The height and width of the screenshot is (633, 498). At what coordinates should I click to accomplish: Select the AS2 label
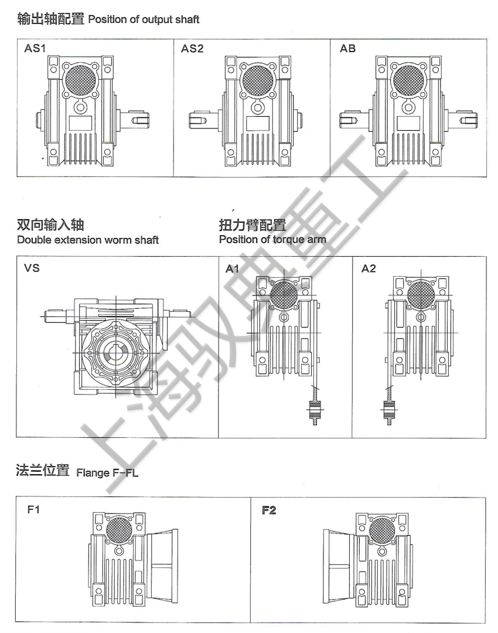[x=192, y=49]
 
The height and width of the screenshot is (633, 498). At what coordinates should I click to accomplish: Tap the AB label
[x=347, y=49]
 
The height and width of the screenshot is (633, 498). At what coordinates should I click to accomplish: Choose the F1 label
[x=34, y=511]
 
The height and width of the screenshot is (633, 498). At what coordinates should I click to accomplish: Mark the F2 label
[x=269, y=511]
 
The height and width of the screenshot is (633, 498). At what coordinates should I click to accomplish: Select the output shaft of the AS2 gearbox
[x=199, y=121]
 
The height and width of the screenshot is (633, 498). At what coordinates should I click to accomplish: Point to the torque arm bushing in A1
[x=315, y=409]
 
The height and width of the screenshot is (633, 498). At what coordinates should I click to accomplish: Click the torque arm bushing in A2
[x=388, y=409]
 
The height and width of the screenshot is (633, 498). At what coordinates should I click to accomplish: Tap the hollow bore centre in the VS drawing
[x=115, y=354]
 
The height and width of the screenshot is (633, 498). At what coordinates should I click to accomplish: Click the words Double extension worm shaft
[x=88, y=240]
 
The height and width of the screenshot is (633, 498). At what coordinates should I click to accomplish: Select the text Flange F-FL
[x=107, y=473]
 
